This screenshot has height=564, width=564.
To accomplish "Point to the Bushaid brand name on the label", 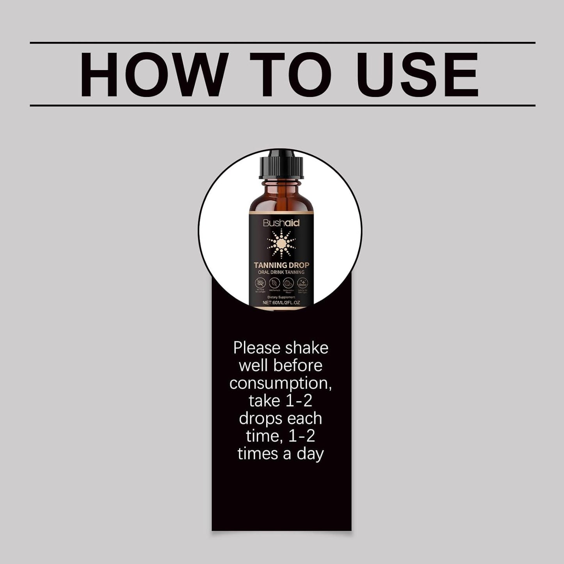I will [281, 223].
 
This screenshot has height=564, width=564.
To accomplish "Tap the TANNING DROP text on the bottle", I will [281, 265].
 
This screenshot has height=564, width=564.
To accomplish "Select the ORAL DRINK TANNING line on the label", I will [281, 272].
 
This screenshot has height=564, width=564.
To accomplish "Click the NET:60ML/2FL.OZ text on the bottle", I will [281, 302].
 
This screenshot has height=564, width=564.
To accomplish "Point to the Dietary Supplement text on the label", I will [281, 297].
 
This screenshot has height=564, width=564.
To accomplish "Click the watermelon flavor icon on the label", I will [288, 283].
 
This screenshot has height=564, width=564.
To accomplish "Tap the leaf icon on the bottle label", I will [274, 283].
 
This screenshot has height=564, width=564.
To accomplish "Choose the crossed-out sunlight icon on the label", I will [260, 283].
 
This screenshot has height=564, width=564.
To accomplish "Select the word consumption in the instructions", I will [280, 383].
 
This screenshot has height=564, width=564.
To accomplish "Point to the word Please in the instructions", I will [257, 348].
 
